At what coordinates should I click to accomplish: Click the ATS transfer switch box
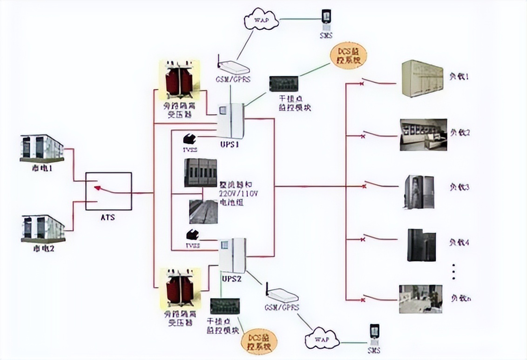pyautogui.click(x=108, y=191)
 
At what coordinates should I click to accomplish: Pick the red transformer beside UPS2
pyautogui.click(x=180, y=288)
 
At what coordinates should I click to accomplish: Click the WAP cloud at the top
pyautogui.click(x=261, y=21)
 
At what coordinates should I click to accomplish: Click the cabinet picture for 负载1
pyautogui.click(x=422, y=79)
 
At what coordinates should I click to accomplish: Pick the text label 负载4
pyautogui.click(x=459, y=242)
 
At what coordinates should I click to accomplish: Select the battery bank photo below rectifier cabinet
pyautogui.click(x=203, y=212)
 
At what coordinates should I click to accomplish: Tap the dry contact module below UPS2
pyautogui.click(x=225, y=306)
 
